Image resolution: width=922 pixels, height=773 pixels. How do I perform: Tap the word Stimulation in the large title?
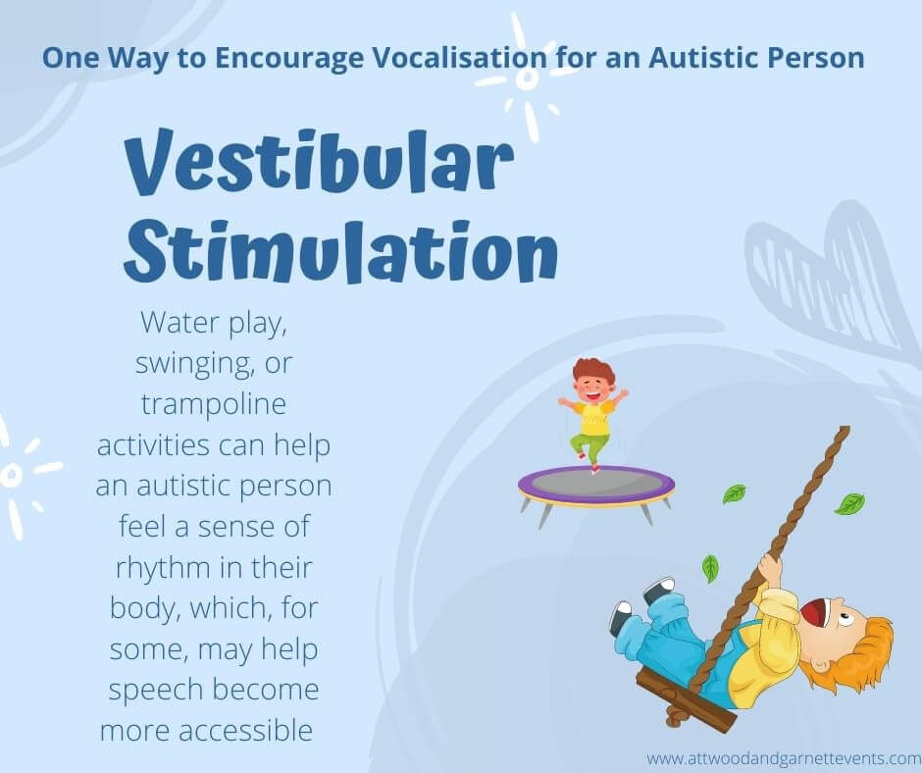point(340,250)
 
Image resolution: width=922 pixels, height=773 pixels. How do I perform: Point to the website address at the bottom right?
point(784,757)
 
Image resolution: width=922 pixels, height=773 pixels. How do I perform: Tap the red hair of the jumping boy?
point(593,372)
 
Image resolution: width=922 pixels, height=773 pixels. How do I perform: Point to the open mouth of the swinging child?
point(814,613)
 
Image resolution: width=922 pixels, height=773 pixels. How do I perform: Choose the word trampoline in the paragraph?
point(214,404)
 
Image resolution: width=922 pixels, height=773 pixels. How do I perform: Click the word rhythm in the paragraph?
point(163,568)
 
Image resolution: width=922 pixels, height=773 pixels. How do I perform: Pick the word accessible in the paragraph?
point(245,731)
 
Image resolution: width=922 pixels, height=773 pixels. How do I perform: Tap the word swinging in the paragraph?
point(193,364)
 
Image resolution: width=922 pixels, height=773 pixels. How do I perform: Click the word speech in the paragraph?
point(155,691)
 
